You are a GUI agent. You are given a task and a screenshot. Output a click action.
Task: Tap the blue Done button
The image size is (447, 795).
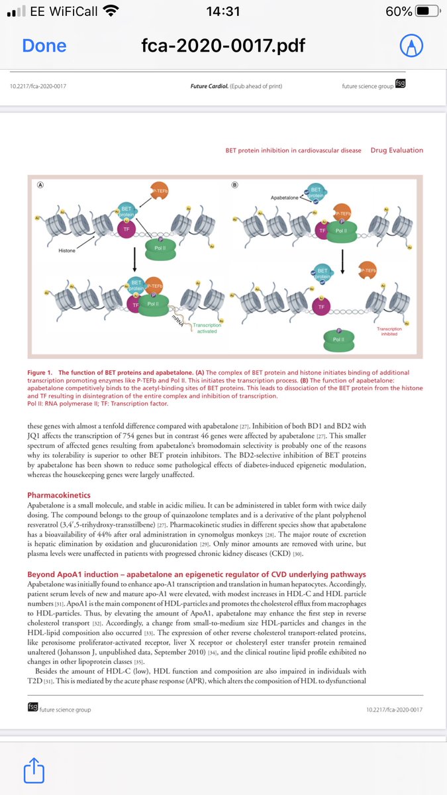(x=44, y=45)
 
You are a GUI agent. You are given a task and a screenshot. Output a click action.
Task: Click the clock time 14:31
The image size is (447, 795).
(x=223, y=11)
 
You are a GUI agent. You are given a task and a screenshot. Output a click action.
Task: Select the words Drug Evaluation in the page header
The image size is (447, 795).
(x=397, y=150)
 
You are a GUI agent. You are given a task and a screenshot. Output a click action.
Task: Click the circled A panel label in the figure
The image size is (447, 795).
(x=40, y=185)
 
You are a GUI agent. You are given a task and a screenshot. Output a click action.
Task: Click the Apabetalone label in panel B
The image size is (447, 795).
(x=287, y=197)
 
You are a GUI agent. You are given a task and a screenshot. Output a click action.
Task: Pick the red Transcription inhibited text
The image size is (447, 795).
(x=389, y=331)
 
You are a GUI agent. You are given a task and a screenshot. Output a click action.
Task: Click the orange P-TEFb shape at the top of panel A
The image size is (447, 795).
(x=160, y=191)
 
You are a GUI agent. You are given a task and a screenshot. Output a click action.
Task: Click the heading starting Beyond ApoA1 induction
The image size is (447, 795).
(x=196, y=574)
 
